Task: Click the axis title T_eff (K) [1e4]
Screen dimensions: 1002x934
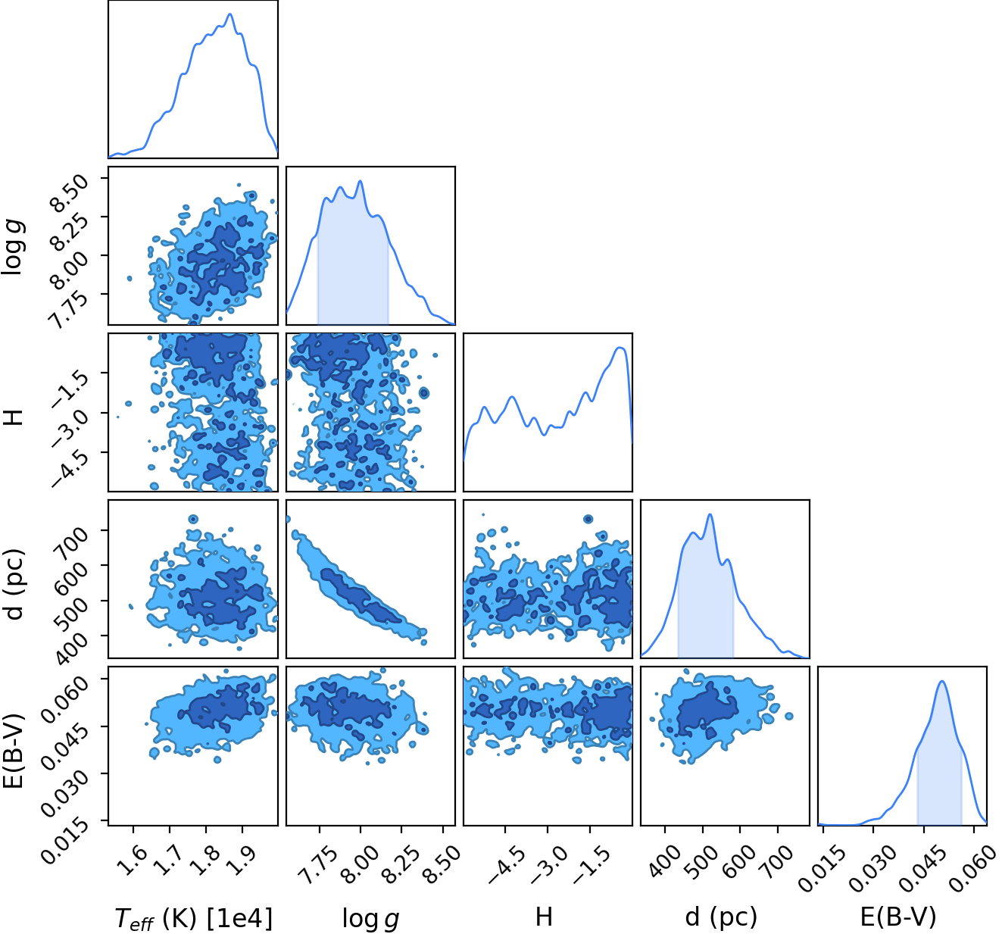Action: [194, 917]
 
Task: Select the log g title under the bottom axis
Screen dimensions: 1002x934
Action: [371, 918]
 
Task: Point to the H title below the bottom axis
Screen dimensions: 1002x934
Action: [543, 917]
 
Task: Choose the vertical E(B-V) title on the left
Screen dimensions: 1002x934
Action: [14, 751]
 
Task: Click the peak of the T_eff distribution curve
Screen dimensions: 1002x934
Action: [230, 14]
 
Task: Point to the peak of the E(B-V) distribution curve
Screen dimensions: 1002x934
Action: [942, 681]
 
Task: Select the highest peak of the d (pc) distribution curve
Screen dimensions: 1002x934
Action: [710, 514]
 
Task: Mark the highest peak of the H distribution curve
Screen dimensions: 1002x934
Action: [621, 348]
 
